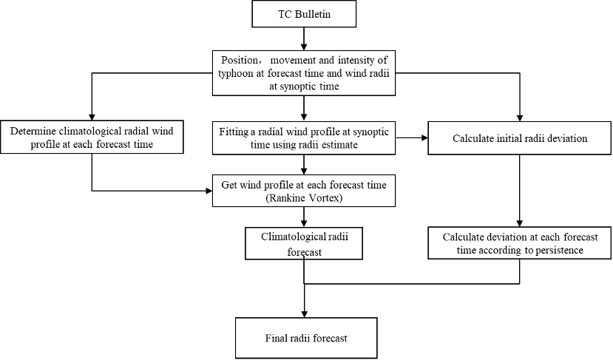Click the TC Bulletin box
pos(304,14)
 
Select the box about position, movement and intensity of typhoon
pos(304,72)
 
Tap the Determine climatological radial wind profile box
pos(92,137)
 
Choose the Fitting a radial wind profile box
pos(304,137)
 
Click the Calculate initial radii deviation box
pos(519,138)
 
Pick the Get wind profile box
pos(304,190)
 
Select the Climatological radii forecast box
pos(304,243)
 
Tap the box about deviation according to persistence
pos(519,243)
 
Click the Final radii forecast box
pos(305,338)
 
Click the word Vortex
pos(325,197)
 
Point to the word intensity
pos(353,59)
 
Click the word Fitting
pos(234,131)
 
